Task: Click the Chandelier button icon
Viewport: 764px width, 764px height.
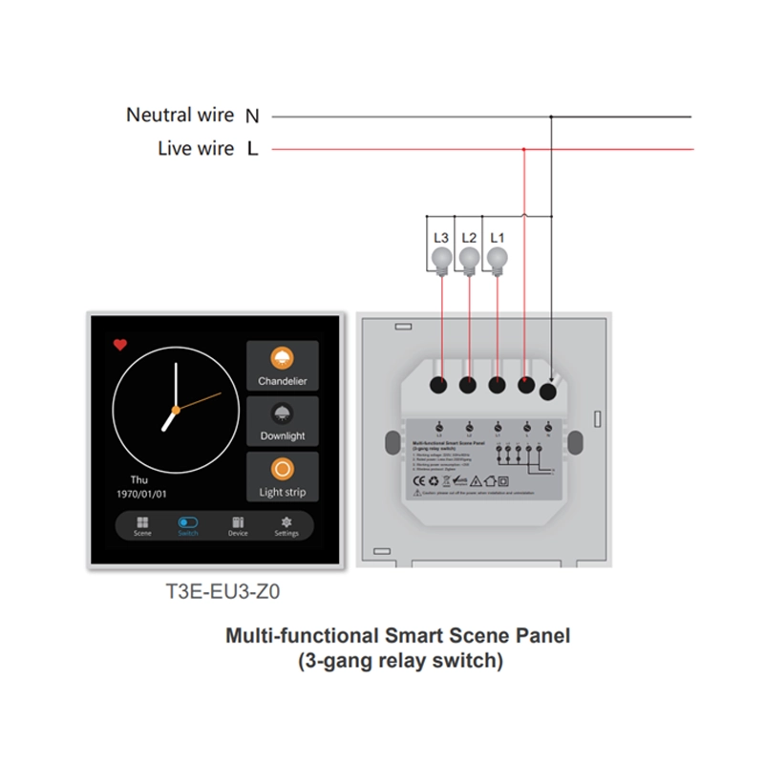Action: coord(282,359)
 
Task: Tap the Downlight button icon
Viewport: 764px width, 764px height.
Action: coord(282,414)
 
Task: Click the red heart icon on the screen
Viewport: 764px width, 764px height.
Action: coord(119,345)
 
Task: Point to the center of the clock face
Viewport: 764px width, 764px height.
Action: coord(175,410)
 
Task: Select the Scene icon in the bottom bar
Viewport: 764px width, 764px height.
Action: coord(142,522)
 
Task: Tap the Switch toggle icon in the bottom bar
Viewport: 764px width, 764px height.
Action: coord(188,522)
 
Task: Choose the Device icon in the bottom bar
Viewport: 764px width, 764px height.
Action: coord(238,522)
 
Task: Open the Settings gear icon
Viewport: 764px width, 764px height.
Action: coord(286,522)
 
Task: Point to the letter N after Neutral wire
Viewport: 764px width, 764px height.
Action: coord(252,117)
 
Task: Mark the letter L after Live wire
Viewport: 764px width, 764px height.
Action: coord(252,150)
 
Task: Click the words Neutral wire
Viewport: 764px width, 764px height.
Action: coord(180,116)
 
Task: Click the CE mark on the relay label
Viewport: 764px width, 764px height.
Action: coord(418,481)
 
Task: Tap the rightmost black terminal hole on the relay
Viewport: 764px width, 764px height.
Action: coord(548,392)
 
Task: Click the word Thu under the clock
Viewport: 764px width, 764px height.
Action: coord(139,479)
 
